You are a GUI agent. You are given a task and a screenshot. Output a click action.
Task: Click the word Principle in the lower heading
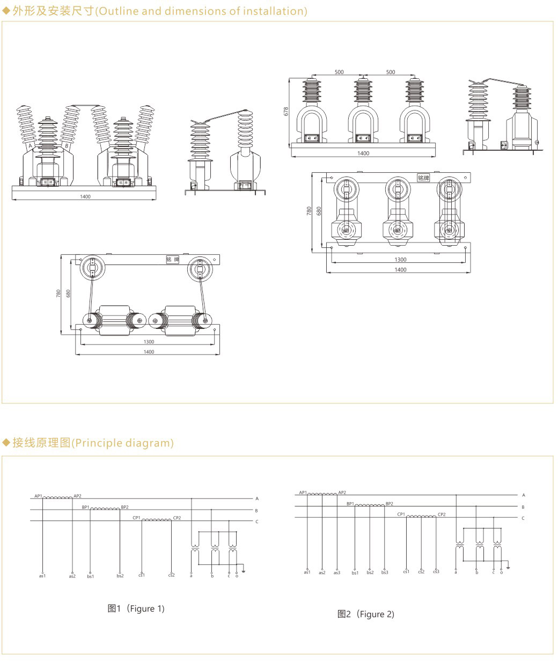tap(95, 443)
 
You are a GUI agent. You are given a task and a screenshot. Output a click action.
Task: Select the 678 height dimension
tap(286, 111)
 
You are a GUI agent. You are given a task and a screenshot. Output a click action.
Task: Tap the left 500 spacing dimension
tap(339, 72)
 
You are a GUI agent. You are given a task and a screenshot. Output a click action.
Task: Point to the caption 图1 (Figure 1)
tap(136, 608)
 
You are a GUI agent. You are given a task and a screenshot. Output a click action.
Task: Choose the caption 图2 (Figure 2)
tap(366, 614)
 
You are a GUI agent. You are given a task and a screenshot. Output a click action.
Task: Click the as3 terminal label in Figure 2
tap(336, 573)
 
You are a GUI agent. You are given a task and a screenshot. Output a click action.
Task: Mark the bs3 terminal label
tap(385, 573)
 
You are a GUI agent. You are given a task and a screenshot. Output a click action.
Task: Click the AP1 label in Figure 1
tap(38, 496)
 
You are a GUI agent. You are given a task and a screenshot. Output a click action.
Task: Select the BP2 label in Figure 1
tap(124, 507)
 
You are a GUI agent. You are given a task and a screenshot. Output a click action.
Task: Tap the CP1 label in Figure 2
tap(401, 514)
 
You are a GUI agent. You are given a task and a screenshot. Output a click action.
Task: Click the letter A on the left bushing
tap(31, 145)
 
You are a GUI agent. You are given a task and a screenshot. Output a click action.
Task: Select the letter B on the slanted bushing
tap(67, 145)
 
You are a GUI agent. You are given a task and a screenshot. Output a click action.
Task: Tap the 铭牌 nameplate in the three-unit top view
tap(423, 178)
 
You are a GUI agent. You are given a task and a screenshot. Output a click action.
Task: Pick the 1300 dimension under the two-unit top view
tap(149, 342)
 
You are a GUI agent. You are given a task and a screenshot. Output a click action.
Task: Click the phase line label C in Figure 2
tap(523, 518)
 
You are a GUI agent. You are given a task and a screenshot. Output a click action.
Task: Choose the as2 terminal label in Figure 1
tap(72, 576)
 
